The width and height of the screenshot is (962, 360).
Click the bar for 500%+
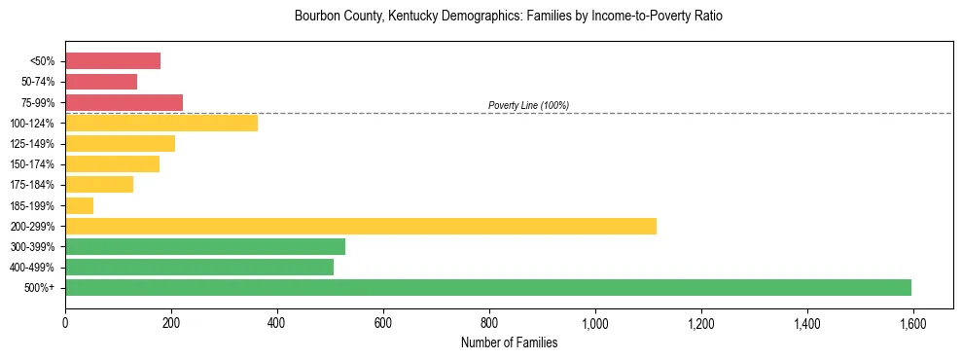488,287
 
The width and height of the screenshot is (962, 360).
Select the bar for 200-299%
361,226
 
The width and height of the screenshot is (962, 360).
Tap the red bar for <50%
113,61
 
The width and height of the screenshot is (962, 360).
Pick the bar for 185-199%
80,205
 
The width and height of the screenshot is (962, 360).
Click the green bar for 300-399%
205,246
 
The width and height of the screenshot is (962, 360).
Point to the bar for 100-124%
161,123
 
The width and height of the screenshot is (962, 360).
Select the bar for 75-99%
125,102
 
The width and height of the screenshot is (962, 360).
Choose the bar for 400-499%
199,267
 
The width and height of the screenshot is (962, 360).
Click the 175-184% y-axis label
32,185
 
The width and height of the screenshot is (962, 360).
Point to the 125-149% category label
32,144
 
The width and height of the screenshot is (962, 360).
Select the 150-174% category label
32,164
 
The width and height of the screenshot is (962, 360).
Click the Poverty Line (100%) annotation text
528,105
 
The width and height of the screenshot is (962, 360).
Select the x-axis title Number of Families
509,342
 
